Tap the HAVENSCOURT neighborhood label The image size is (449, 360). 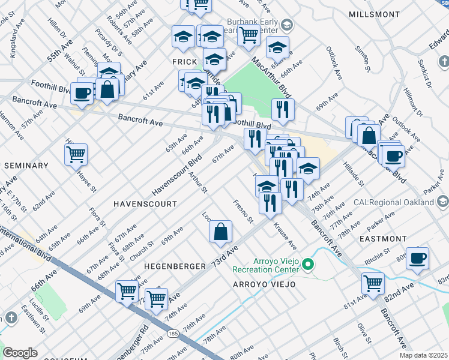pyautogui.click(x=145, y=204)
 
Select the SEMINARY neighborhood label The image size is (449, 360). pyautogui.click(x=26, y=165)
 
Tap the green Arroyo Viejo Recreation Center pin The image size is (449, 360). pyautogui.click(x=308, y=263)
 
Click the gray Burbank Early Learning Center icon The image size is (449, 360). pyautogui.click(x=286, y=25)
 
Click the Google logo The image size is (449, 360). pyautogui.click(x=20, y=353)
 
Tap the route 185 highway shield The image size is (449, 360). pyautogui.click(x=172, y=334)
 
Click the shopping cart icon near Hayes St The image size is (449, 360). pyautogui.click(x=76, y=154)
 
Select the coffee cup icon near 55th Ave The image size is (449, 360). pyautogui.click(x=82, y=93)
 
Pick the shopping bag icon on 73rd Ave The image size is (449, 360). pyautogui.click(x=221, y=231)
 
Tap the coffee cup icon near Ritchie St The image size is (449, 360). pyautogui.click(x=417, y=258)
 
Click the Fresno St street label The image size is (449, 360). pyautogui.click(x=244, y=212)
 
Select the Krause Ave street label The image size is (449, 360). pyautogui.click(x=285, y=236)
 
